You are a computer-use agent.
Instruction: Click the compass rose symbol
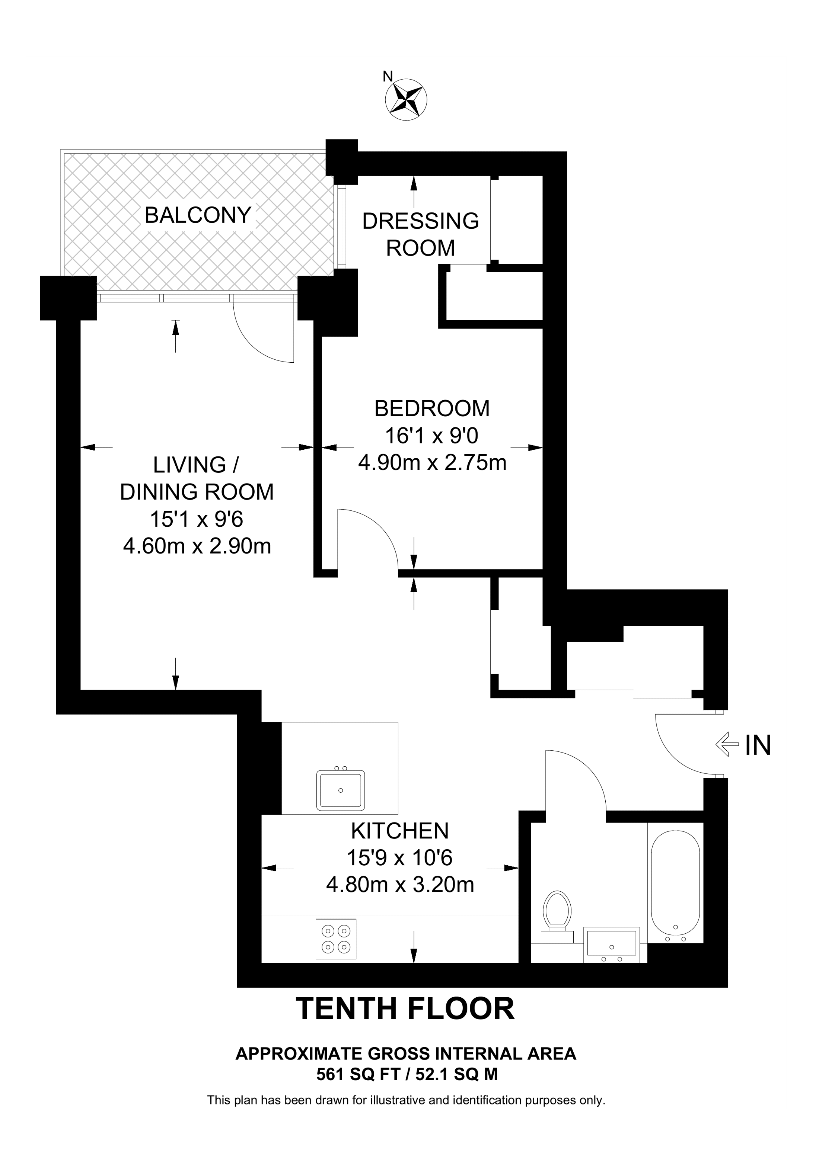point(406,99)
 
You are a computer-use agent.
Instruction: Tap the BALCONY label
point(198,215)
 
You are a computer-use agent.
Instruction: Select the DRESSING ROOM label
point(420,234)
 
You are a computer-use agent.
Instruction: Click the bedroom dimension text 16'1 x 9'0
point(431,435)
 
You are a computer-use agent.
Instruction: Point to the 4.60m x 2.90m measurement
point(197,546)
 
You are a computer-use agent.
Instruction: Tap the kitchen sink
point(341,789)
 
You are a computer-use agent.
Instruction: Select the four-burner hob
point(335,939)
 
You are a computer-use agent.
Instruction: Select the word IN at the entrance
point(758,745)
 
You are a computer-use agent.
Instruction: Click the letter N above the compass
point(388,76)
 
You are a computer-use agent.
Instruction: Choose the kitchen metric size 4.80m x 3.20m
point(400,885)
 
